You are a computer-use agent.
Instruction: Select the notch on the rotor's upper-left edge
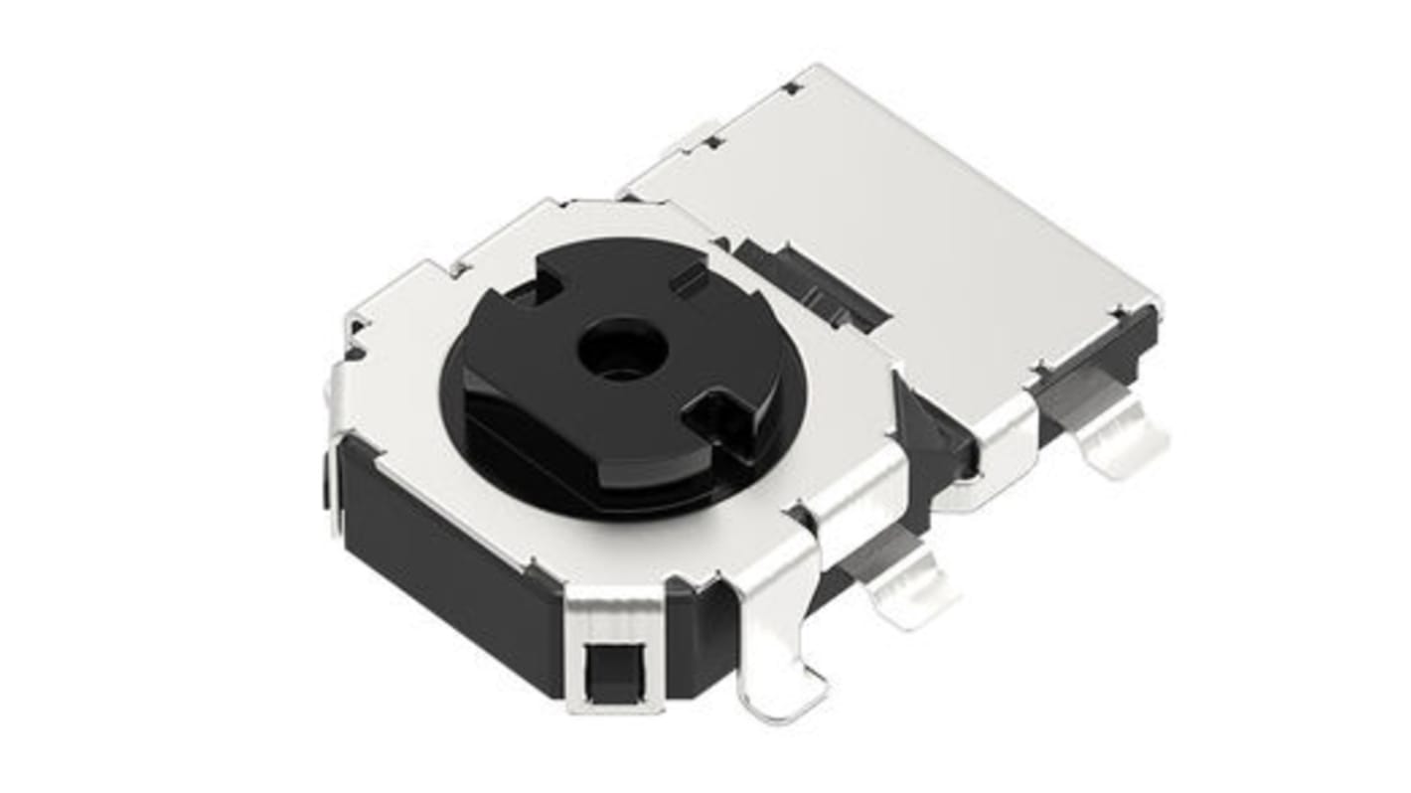coord(527,289)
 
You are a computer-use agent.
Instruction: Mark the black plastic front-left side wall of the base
coord(447,556)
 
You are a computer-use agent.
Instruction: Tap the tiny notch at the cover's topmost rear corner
coord(792,87)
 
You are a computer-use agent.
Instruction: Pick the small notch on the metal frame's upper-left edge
coord(459,266)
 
